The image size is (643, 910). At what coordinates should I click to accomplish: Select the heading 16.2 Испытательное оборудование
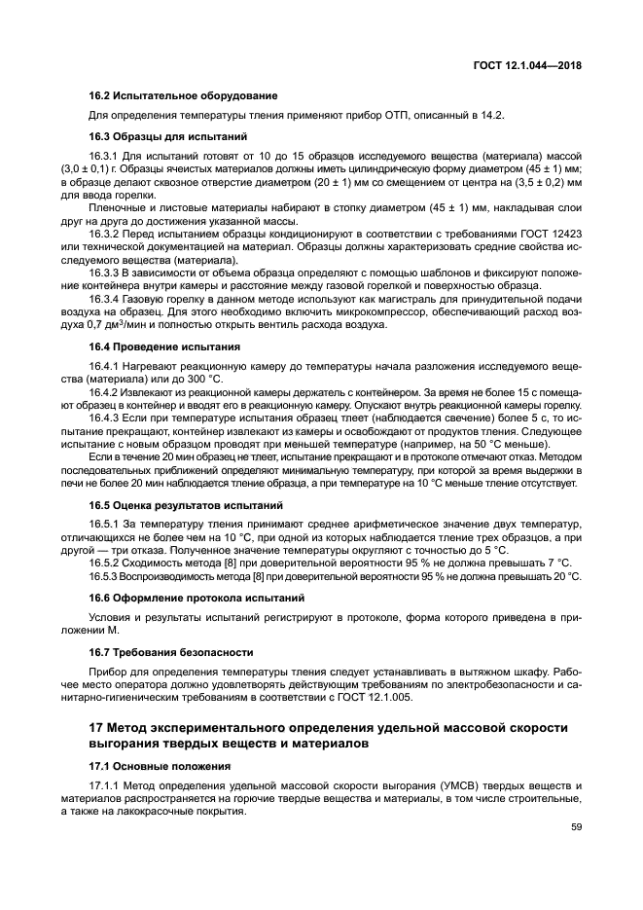(x=184, y=95)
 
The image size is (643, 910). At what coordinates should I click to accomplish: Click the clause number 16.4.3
(x=104, y=417)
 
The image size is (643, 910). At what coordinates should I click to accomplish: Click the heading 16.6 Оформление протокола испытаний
(x=196, y=597)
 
